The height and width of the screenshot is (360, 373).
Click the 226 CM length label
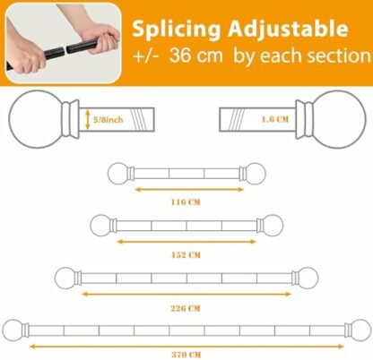(x=186, y=307)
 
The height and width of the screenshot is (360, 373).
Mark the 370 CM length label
(x=186, y=356)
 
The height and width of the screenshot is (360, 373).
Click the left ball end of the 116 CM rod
(x=117, y=173)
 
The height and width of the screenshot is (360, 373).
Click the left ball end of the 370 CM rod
(x=13, y=329)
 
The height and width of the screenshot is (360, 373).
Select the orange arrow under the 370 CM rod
(x=186, y=345)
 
